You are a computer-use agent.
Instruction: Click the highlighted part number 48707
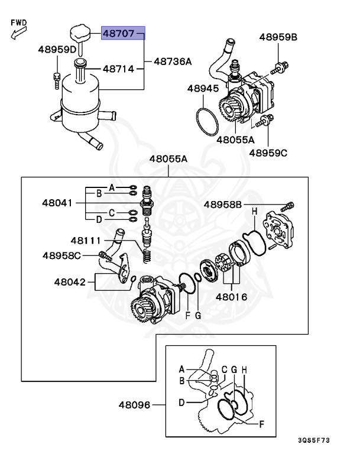(119, 33)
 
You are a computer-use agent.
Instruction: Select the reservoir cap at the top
(80, 33)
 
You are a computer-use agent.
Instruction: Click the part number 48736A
(173, 61)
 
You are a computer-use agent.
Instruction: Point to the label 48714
(119, 69)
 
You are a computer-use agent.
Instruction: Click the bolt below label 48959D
(57, 81)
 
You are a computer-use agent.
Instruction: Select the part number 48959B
(278, 37)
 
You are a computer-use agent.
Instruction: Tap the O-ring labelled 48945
(207, 121)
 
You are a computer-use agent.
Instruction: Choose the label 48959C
(268, 153)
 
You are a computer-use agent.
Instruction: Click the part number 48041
(57, 203)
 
